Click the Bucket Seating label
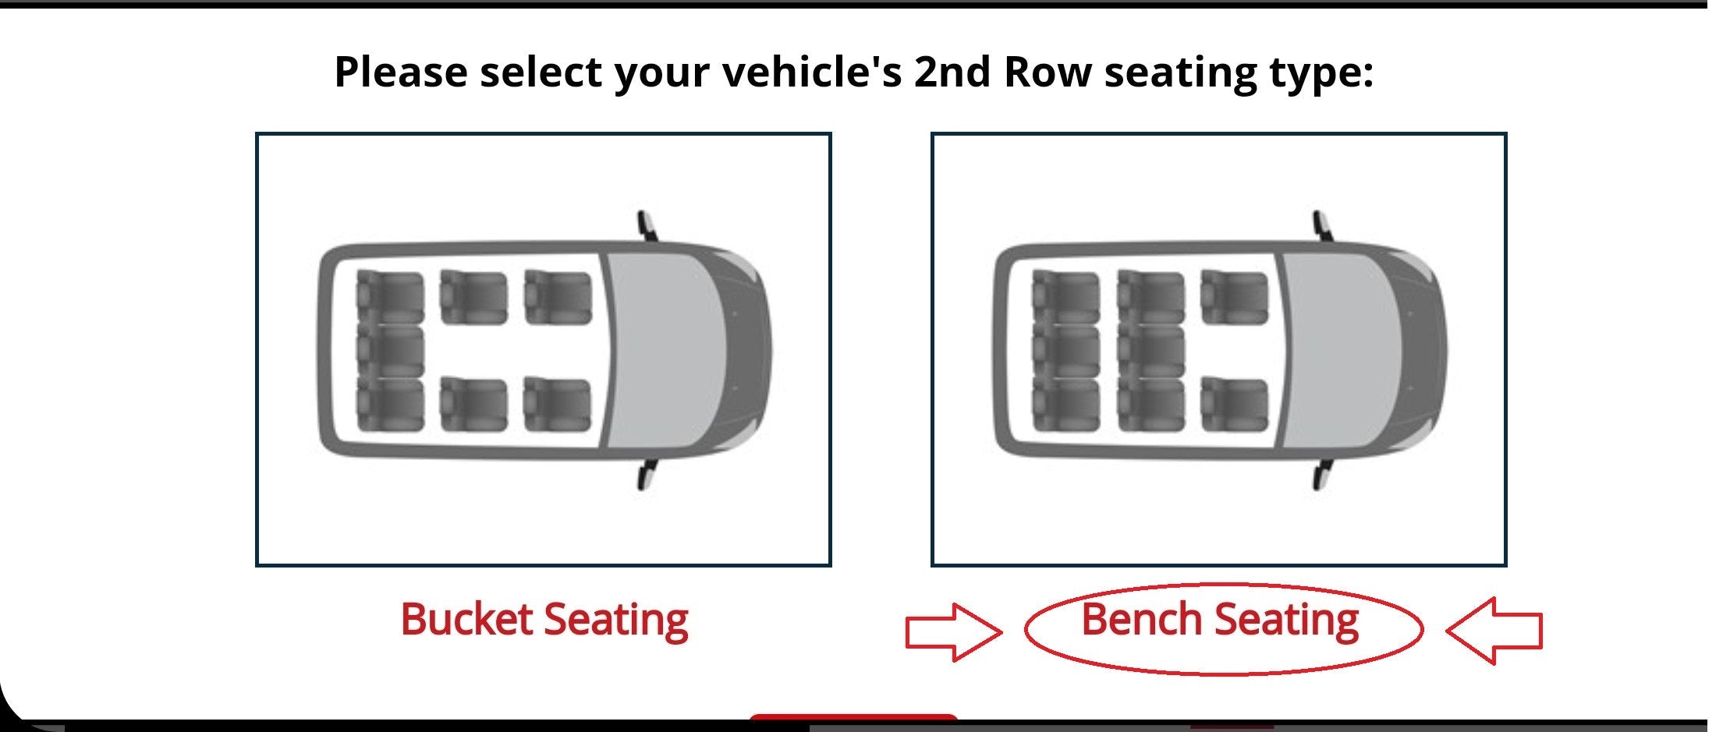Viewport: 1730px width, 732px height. (x=544, y=621)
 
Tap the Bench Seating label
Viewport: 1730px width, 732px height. (x=1220, y=621)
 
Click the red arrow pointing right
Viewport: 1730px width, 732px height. (x=953, y=632)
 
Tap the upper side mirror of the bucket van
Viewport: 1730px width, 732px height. (x=647, y=226)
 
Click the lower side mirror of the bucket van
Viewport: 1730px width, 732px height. (x=647, y=475)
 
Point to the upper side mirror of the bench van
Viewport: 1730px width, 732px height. (x=1322, y=226)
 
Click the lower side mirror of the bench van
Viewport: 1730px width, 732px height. (x=1322, y=475)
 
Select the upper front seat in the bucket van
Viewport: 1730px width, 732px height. (x=558, y=297)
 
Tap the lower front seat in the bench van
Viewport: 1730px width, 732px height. (x=1234, y=404)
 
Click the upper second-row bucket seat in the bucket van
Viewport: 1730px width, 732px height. (x=473, y=297)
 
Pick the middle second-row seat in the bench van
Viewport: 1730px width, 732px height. (x=1150, y=351)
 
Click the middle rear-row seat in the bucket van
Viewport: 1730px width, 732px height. (x=390, y=351)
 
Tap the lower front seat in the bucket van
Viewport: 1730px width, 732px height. (x=558, y=404)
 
